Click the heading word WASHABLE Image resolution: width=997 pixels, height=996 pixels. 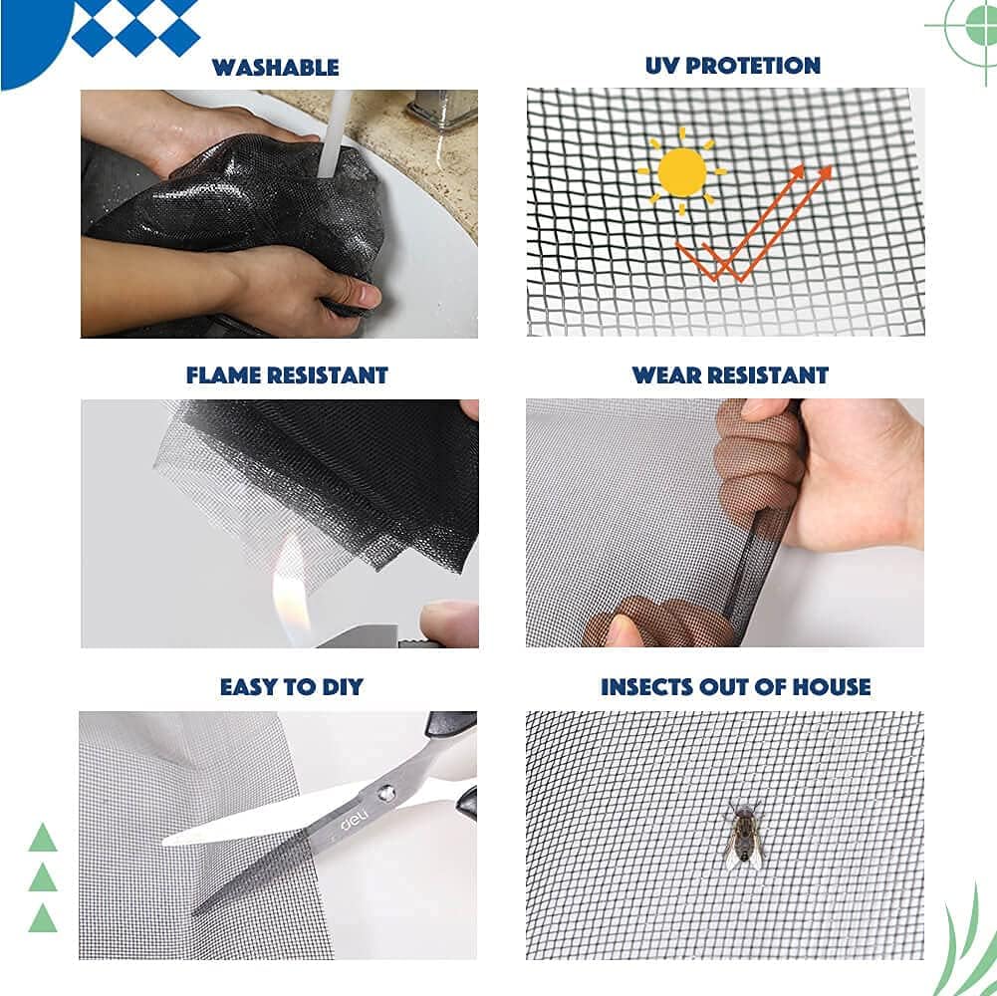click(275, 68)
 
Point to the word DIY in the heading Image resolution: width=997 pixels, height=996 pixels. click(338, 686)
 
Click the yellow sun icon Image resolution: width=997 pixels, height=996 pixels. click(682, 171)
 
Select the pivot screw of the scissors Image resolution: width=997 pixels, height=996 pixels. click(384, 793)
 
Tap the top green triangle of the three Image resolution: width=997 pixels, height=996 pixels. click(43, 838)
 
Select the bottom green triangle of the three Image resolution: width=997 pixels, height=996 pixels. click(43, 918)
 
